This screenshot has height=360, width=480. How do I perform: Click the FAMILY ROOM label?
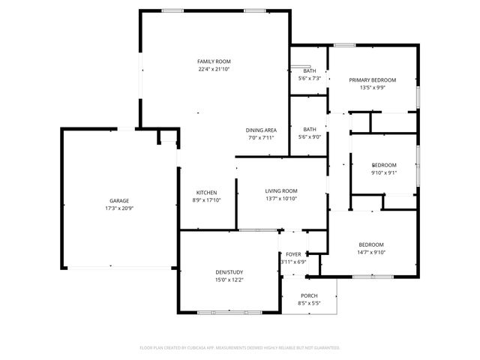214,61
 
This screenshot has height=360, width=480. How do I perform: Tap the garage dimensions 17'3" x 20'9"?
119,208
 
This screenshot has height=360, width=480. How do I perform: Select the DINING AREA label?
262,130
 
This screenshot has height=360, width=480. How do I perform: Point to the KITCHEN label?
206,193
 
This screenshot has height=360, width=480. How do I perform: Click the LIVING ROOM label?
281,190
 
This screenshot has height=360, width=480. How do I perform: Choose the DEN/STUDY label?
229,271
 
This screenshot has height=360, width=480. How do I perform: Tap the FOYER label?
293,254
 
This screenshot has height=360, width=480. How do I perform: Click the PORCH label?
309,295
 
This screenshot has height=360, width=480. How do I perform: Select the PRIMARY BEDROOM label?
373,79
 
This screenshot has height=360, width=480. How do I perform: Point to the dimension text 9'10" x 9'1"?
384,173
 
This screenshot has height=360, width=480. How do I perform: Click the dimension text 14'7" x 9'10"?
371,253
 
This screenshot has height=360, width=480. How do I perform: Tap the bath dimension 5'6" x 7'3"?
310,79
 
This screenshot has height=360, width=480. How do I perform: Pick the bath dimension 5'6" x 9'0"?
310,136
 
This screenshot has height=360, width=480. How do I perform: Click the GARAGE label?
119,200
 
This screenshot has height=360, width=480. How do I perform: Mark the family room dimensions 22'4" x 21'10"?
214,69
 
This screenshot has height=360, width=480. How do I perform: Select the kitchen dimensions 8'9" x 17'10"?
206,200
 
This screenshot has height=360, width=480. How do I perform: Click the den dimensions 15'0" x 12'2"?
229,280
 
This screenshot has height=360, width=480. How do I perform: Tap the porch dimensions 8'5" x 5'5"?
309,304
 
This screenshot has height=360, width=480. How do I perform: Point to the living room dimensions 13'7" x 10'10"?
281,199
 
